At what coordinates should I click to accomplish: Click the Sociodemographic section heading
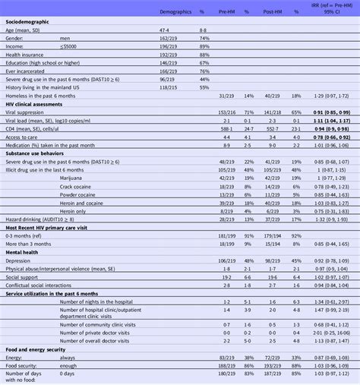tap(27, 22)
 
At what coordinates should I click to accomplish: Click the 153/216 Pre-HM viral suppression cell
tap(223, 110)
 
